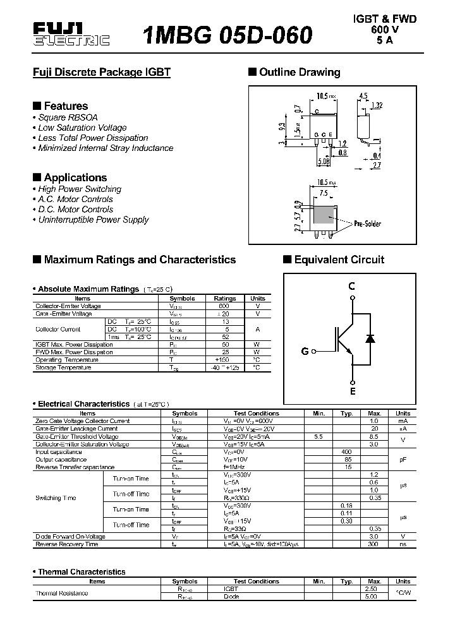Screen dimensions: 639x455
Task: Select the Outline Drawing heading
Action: coord(299,72)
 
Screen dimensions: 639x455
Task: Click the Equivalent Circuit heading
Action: coord(338,260)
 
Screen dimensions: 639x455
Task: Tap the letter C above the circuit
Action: coord(352,287)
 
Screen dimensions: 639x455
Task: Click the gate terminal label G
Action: coord(305,351)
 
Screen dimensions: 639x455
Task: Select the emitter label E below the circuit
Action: coord(353,391)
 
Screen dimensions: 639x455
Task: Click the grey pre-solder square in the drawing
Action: coord(324,217)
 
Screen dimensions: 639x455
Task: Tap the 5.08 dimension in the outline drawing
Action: coord(324,162)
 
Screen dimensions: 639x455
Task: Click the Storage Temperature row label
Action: coord(63,367)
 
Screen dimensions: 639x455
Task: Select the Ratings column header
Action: coord(225,298)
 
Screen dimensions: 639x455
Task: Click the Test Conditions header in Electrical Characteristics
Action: coord(256,414)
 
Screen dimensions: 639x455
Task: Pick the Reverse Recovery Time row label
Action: coord(67,544)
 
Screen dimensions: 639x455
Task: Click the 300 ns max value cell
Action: coord(373,544)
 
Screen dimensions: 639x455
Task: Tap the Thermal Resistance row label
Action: coord(62,593)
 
